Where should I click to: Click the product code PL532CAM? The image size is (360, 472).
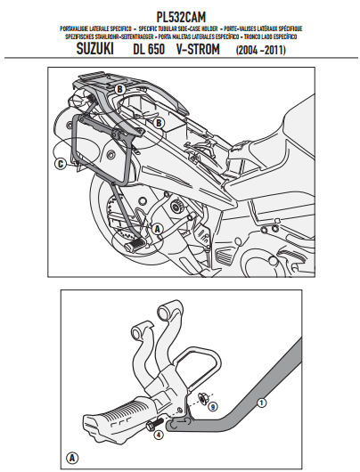point(180,15)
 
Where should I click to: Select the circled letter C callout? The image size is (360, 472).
point(59,164)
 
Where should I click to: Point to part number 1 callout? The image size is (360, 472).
point(261,403)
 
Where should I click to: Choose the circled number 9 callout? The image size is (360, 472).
point(213,405)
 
